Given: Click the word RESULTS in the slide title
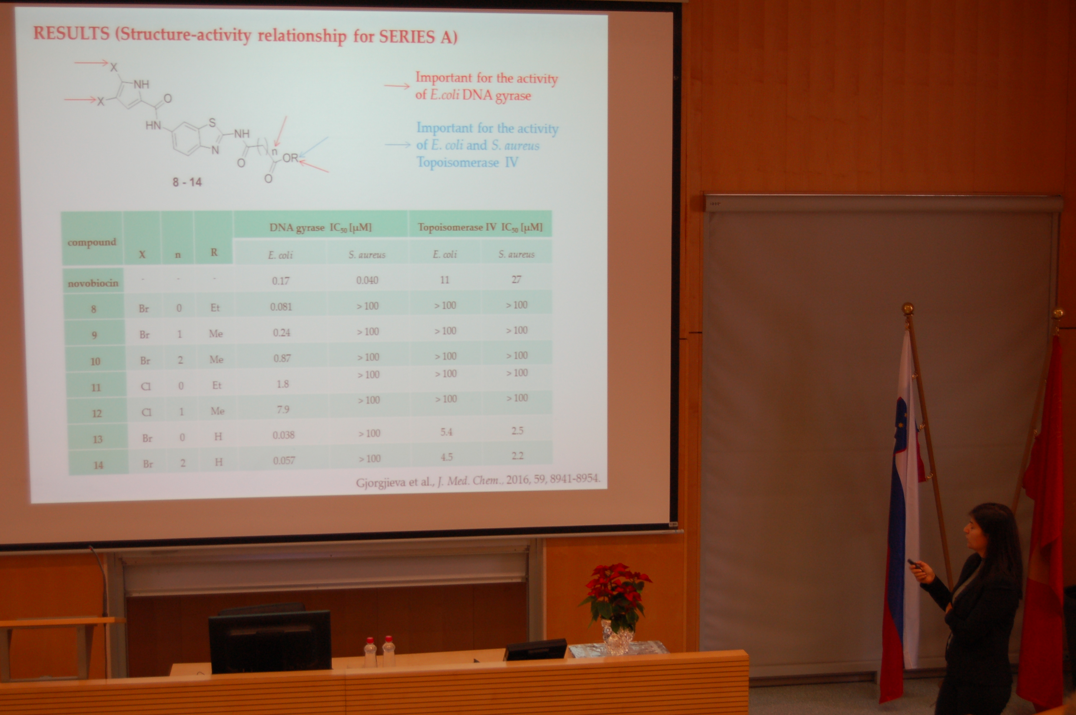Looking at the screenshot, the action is tap(71, 33).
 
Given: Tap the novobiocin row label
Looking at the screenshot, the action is tap(93, 283).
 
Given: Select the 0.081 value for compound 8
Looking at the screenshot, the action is tap(281, 306).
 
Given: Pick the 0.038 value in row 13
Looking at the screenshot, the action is tap(284, 435).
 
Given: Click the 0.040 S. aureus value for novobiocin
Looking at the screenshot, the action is tap(367, 280).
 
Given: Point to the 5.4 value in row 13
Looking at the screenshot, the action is tap(446, 432).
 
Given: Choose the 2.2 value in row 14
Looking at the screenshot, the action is tap(517, 455).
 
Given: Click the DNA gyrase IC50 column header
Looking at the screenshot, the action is tap(321, 227).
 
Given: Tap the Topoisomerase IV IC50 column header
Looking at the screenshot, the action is tap(480, 227).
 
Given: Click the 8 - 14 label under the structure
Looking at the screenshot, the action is tap(187, 182).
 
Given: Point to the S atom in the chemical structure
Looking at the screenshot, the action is tap(212, 123).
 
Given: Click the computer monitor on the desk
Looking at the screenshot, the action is tap(270, 641).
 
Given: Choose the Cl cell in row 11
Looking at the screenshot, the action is tap(146, 386).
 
